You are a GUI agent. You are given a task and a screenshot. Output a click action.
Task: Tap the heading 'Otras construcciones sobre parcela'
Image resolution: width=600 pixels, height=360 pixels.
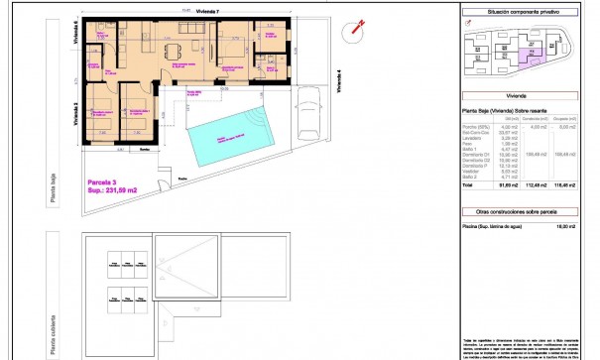(x=525, y=211)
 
